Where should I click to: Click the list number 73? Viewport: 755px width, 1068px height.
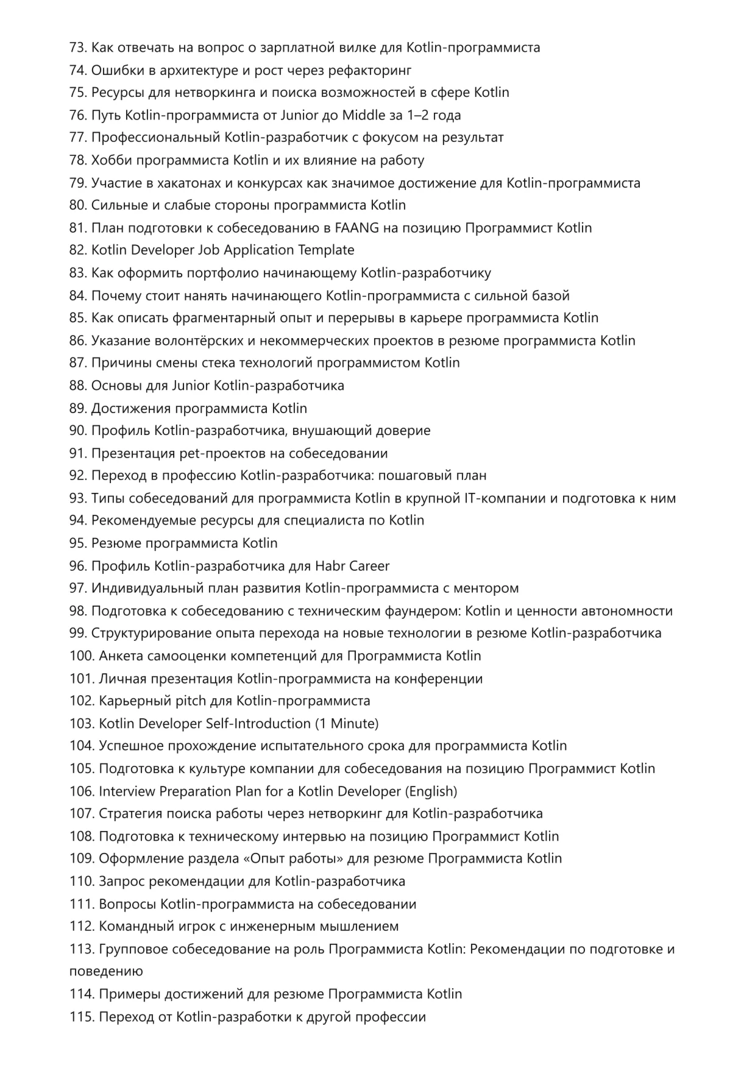click(x=78, y=48)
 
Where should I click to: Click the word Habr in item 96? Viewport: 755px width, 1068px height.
click(x=330, y=566)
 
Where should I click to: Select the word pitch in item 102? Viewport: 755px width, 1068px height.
click(x=191, y=701)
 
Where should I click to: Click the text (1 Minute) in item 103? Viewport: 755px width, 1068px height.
click(x=347, y=723)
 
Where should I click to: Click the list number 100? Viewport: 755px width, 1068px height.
click(x=82, y=656)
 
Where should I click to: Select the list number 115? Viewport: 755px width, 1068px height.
click(x=82, y=1016)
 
